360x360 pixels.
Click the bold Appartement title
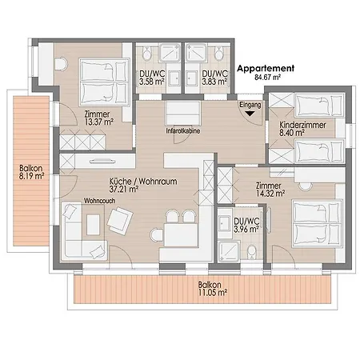point(266,69)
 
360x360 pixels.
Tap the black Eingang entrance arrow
point(250,114)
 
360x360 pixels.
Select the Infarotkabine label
point(183,131)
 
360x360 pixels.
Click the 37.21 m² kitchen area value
point(124,190)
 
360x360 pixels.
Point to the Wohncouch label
point(100,201)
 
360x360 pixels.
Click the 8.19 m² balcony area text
point(31,176)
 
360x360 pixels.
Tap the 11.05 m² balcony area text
point(213,293)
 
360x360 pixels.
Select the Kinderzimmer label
point(302,125)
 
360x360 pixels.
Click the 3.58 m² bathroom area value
point(151,82)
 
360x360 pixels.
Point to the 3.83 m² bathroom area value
point(214,82)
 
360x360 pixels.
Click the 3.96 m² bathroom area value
point(246,229)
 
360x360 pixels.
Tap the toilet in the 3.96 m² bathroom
point(251,252)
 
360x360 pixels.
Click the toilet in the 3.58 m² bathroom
point(147,53)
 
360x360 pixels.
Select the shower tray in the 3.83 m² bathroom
point(196,52)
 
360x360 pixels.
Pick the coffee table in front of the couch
point(93,225)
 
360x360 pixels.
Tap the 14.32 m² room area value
point(270,194)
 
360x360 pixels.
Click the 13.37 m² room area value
point(99,122)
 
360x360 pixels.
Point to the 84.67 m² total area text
point(267,78)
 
